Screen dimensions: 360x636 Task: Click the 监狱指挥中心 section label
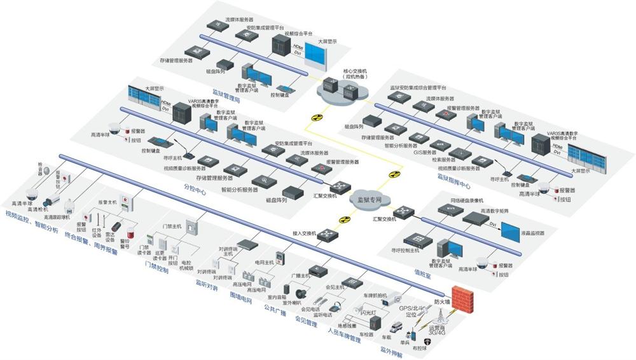tap(453, 185)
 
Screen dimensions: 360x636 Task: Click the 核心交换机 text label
tap(354, 71)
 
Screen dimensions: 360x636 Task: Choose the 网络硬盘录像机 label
tap(468, 200)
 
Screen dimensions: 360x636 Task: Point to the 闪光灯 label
tap(367, 313)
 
